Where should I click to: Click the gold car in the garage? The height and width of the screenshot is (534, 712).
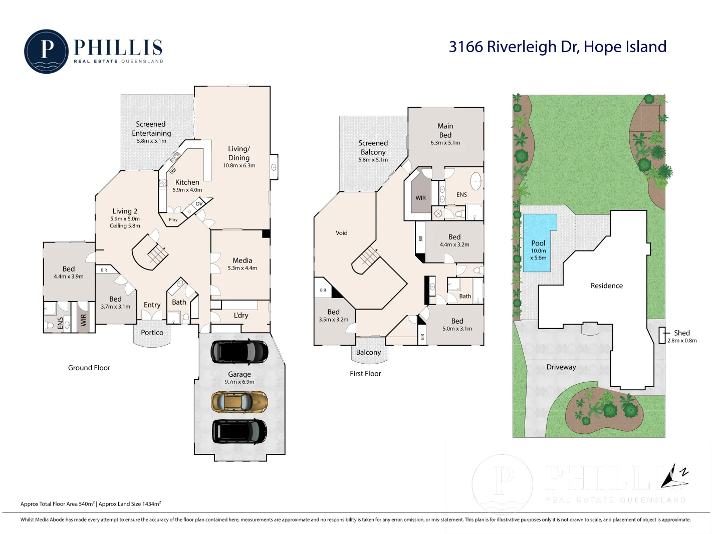240,402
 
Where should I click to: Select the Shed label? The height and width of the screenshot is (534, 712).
682,333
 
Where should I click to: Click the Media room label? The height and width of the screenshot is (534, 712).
243,260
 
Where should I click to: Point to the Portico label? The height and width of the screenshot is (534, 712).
152,332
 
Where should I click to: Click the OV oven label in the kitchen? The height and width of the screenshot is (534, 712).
199,203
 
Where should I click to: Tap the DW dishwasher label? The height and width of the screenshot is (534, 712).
173,170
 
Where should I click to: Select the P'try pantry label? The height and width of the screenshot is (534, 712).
173,219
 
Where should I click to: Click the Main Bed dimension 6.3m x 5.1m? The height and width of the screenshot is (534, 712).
445,143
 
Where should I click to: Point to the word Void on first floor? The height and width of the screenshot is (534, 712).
342,233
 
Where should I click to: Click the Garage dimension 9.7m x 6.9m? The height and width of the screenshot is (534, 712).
240,382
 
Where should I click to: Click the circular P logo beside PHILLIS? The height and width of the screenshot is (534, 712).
47,52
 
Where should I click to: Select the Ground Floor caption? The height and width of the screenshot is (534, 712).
89,368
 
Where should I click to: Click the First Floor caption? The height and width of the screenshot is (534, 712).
365,374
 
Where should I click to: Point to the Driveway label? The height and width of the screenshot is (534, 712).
561,367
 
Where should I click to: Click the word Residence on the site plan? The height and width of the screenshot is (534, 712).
607,286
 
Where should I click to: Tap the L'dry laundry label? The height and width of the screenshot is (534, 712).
241,315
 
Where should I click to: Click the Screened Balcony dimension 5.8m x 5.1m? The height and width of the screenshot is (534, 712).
373,160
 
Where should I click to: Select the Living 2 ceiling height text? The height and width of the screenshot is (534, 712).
125,225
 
